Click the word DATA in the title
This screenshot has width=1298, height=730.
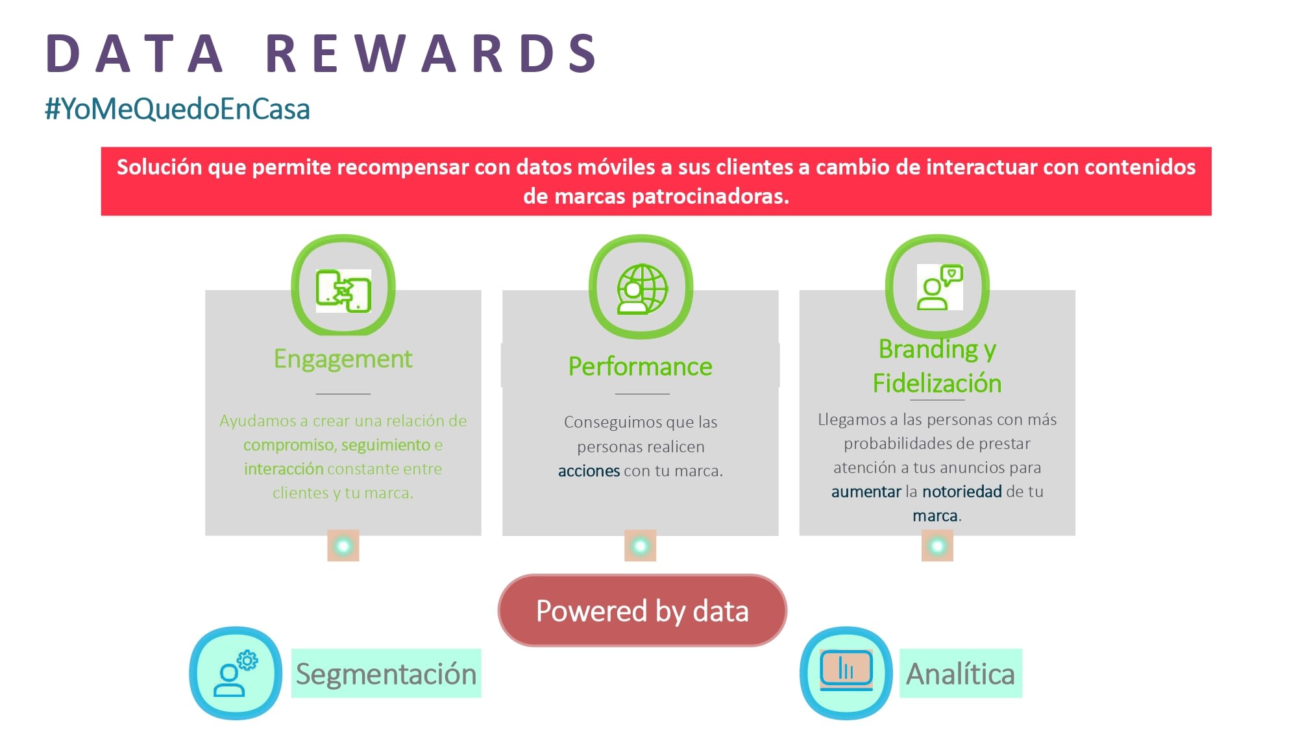(135, 53)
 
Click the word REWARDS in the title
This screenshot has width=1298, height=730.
(431, 53)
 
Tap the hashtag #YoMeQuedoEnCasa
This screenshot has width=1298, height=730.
(177, 109)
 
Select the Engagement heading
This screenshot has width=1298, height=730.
(343, 359)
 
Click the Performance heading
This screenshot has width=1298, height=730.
(641, 367)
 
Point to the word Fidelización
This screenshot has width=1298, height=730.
(937, 383)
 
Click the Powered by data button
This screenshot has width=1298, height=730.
(643, 611)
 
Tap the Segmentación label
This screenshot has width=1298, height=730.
(386, 674)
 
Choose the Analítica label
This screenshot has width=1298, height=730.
(961, 674)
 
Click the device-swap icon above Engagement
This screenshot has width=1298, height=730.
(343, 291)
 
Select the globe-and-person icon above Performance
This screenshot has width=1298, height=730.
(641, 289)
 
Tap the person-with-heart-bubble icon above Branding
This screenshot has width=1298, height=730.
(940, 287)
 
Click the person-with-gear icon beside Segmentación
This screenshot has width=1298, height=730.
(236, 674)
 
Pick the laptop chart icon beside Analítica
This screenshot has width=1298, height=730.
(846, 670)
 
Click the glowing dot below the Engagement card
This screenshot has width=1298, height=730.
(343, 546)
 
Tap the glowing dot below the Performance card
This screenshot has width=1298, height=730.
(641, 546)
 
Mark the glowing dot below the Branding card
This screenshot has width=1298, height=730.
(937, 546)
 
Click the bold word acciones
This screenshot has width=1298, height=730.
(589, 471)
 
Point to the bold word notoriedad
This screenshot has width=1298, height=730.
(962, 492)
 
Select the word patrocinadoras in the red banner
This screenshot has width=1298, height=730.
(710, 196)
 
